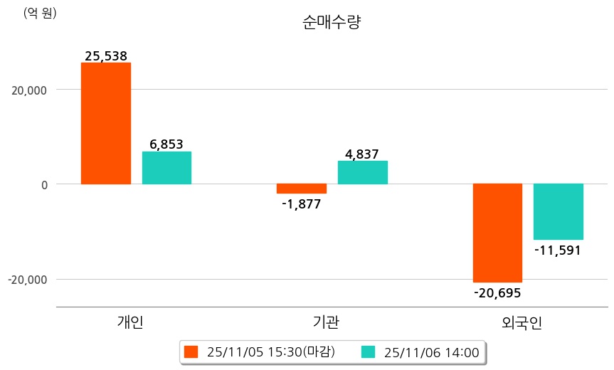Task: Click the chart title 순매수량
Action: (332, 23)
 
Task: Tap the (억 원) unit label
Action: (40, 14)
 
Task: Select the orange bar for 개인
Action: (106, 123)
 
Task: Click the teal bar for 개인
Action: (166, 168)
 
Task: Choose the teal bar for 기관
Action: (362, 172)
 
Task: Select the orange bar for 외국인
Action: (498, 233)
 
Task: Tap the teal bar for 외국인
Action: (559, 211)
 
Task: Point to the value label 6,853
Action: (166, 144)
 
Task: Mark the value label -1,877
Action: (302, 204)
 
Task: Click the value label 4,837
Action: (362, 154)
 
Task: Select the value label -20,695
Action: (497, 292)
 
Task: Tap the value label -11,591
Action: (558, 250)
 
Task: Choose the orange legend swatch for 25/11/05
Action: (190, 351)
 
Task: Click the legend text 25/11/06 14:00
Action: (431, 351)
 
